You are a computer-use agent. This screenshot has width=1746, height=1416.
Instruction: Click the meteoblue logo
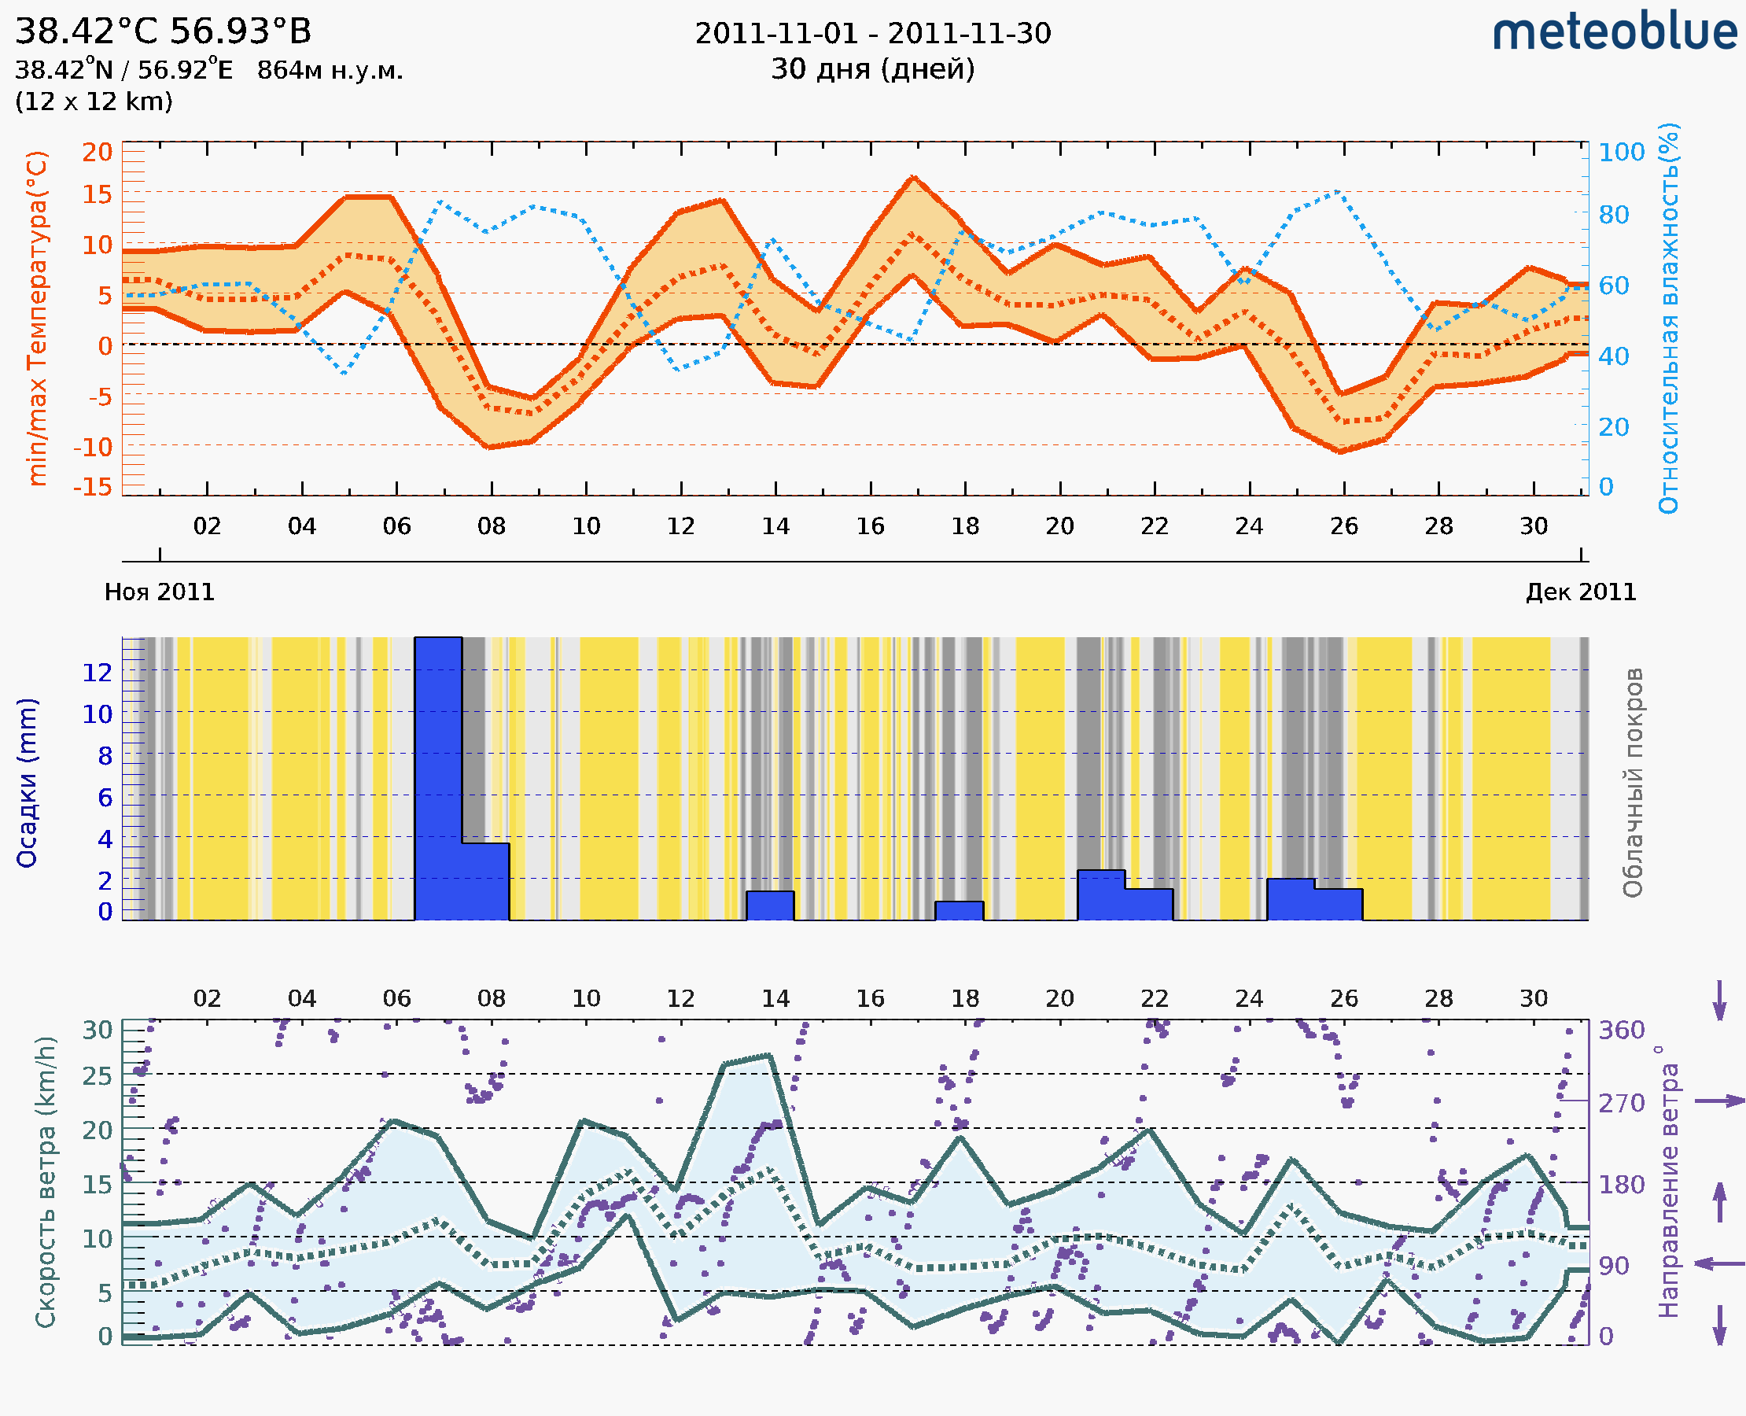point(1614,32)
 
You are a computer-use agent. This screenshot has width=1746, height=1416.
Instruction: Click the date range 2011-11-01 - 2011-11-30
point(872,34)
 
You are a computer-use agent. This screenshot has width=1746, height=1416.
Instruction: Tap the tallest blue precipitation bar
point(438,778)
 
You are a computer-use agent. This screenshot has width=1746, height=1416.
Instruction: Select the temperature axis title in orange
point(37,318)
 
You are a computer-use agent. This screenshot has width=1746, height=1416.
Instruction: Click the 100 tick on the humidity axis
point(1621,153)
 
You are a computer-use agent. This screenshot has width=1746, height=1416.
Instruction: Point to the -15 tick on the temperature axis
point(92,487)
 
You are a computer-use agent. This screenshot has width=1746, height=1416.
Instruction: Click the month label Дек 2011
point(1581,592)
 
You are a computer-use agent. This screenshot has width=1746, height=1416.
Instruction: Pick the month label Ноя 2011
point(159,592)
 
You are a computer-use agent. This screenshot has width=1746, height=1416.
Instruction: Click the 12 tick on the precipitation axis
point(97,673)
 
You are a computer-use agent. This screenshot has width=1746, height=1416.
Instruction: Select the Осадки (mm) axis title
point(27,783)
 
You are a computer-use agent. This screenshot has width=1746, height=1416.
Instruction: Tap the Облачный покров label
point(1632,783)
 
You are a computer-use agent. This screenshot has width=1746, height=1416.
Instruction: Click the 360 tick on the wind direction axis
point(1621,1031)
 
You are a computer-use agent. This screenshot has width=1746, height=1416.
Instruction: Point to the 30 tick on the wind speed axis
point(97,1031)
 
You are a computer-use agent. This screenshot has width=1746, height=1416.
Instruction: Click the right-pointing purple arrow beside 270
point(1719,1101)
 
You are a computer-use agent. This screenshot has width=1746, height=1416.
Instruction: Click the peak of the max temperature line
point(913,177)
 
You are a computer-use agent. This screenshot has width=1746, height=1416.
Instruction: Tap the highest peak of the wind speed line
point(768,1056)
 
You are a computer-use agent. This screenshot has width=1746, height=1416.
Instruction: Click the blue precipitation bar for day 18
point(959,911)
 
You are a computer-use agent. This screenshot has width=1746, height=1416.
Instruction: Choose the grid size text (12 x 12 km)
point(94,102)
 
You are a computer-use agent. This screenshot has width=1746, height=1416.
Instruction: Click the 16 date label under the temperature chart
point(870,527)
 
